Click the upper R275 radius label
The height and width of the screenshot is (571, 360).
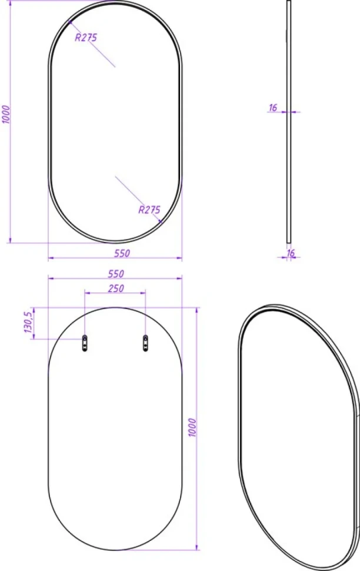86,38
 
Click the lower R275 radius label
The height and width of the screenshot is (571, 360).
149,210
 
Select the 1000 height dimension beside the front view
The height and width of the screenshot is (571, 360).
6,114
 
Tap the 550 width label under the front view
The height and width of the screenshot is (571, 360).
122,253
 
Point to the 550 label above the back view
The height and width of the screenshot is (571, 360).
116,274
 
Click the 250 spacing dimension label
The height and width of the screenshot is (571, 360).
116,288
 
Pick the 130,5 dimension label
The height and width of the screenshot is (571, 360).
28,322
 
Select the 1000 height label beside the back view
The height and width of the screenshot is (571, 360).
192,427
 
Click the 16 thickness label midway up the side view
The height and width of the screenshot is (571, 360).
273,108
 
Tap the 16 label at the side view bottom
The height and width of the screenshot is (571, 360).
291,253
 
